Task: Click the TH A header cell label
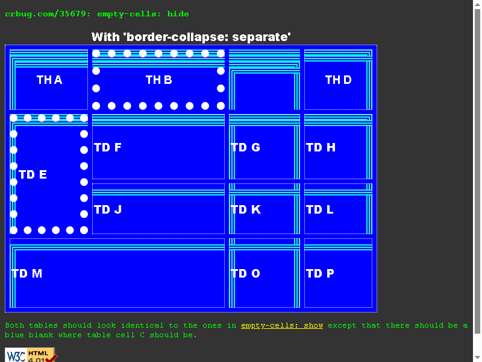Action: click(49, 80)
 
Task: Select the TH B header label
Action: click(158, 80)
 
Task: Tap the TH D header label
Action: click(338, 80)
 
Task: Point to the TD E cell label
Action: click(33, 174)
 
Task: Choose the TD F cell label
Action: click(108, 147)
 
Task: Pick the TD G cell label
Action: click(245, 147)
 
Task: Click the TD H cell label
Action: click(321, 147)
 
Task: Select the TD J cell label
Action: click(108, 209)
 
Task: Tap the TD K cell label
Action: click(246, 209)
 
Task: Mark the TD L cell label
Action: click(320, 209)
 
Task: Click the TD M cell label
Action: click(27, 273)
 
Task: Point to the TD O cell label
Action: click(245, 273)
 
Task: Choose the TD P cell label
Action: click(320, 273)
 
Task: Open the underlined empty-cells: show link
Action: click(282, 325)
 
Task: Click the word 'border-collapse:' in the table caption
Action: click(178, 37)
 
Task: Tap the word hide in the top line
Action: click(178, 14)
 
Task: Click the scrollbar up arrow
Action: click(477, 4)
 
